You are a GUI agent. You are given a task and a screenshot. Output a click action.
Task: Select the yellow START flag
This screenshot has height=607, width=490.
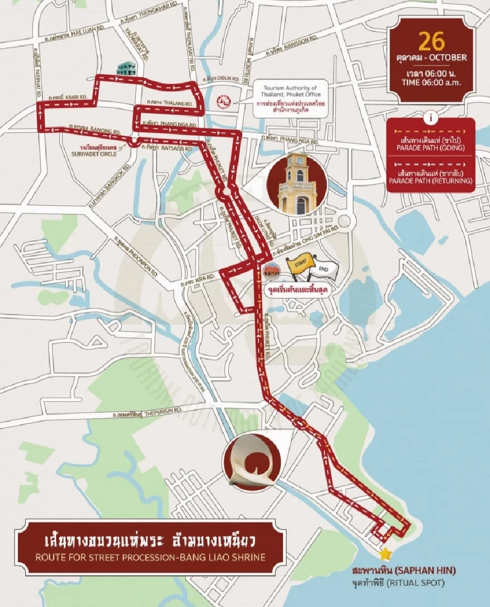298,263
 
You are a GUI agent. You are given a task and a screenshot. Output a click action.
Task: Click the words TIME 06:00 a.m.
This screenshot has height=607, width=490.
431,82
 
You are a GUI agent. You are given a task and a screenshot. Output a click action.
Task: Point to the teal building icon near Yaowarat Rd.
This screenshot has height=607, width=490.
123,70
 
